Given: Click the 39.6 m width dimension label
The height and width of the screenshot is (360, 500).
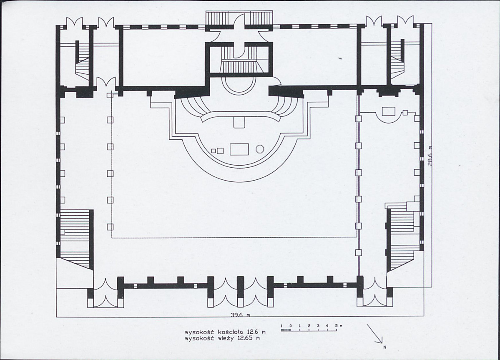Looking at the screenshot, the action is coord(241,315).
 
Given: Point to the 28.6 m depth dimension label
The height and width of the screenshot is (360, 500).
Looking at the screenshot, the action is coord(430,156).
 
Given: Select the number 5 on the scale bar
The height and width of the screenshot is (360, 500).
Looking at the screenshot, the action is coord(337,325).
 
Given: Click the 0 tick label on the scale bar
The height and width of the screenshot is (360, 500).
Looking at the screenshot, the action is coord(291,325).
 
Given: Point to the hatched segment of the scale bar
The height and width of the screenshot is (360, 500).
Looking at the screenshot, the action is coord(286,330).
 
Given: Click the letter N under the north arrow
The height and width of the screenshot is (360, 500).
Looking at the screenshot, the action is coord(384,347).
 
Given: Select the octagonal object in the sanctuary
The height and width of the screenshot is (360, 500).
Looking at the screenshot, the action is coord(259,149).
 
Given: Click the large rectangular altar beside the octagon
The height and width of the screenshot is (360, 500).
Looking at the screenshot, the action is coord(239,149).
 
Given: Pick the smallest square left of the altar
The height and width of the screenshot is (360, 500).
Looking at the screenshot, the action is coord(214,150).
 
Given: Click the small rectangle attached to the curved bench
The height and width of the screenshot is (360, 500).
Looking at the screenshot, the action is coord(239,122).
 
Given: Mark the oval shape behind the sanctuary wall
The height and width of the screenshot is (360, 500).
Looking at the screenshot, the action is coord(239,85).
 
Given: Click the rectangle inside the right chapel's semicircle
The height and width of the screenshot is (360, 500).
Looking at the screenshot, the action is coord(388,111).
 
